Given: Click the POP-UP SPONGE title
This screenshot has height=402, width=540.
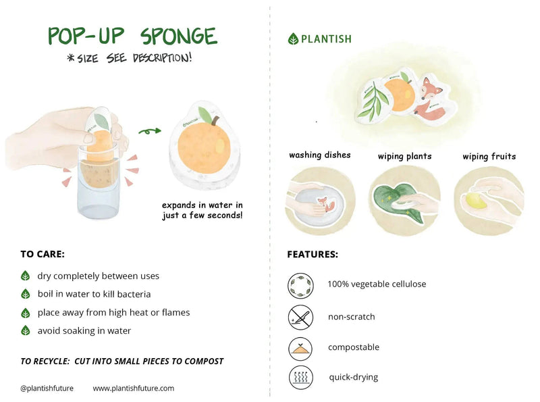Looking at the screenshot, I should pyautogui.click(x=132, y=36).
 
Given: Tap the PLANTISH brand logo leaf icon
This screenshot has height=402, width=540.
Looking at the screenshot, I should pyautogui.click(x=293, y=39).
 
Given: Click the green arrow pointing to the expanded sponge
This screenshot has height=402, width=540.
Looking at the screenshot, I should pyautogui.click(x=150, y=131).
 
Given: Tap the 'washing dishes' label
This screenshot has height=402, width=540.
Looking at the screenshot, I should pyautogui.click(x=320, y=155).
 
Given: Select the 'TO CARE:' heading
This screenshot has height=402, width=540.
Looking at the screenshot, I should pyautogui.click(x=43, y=255).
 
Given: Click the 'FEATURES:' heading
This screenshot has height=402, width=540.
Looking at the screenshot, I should pyautogui.click(x=313, y=255).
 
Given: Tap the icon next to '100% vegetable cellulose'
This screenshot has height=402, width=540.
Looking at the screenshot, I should pyautogui.click(x=300, y=285).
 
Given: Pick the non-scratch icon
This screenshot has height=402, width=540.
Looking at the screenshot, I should pyautogui.click(x=300, y=316).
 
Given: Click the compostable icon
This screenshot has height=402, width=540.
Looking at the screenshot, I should pyautogui.click(x=300, y=347).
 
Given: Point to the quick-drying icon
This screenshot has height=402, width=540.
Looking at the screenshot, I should pyautogui.click(x=300, y=377).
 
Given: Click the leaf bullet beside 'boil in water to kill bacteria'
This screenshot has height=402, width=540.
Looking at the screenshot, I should pyautogui.click(x=26, y=294).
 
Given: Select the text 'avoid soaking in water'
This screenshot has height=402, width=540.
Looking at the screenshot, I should pyautogui.click(x=84, y=330).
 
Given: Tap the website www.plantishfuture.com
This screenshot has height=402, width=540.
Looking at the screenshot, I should pyautogui.click(x=133, y=388).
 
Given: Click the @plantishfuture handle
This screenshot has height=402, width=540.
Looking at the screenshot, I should pyautogui.click(x=47, y=388).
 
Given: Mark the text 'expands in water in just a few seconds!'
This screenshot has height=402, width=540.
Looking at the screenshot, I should pyautogui.click(x=202, y=210).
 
